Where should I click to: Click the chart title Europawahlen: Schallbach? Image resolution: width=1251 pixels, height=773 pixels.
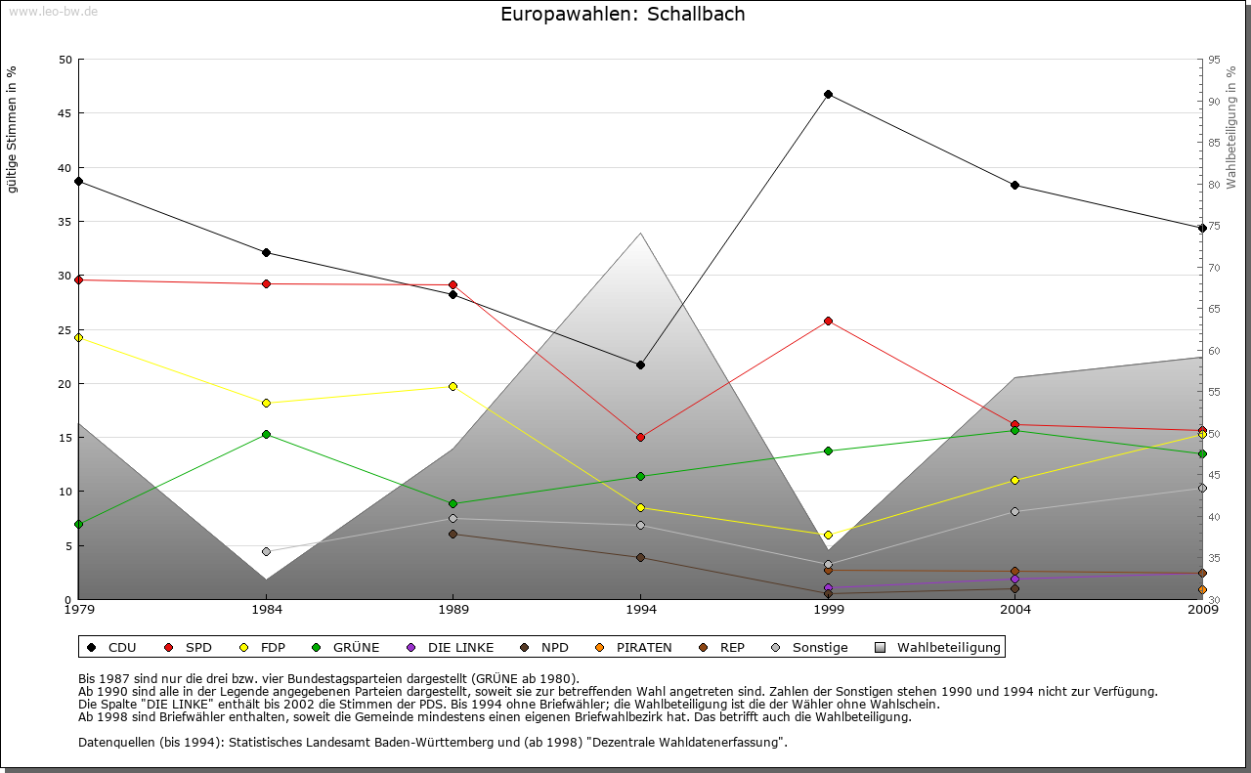[623, 14]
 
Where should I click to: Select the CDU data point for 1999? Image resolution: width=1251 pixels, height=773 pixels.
[828, 95]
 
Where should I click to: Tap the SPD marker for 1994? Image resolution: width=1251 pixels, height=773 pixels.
[640, 437]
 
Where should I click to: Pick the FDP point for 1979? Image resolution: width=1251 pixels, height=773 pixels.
[78, 337]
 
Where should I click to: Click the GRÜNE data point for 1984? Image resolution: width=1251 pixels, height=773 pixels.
[266, 434]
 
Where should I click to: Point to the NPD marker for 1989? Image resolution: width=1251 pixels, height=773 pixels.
[453, 534]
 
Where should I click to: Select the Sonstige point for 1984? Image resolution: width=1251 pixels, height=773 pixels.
[266, 551]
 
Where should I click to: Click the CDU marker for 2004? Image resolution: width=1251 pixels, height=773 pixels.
[1015, 185]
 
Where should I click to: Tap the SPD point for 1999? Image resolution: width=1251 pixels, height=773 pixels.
[828, 321]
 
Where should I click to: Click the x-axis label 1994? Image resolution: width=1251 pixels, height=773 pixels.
[641, 610]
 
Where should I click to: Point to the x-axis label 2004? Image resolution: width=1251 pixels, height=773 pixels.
[1015, 610]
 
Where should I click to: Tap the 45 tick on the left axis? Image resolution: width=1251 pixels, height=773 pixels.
[66, 113]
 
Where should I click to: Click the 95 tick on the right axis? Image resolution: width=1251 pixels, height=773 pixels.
[1214, 60]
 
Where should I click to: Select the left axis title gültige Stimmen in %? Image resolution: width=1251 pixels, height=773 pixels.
[13, 129]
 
